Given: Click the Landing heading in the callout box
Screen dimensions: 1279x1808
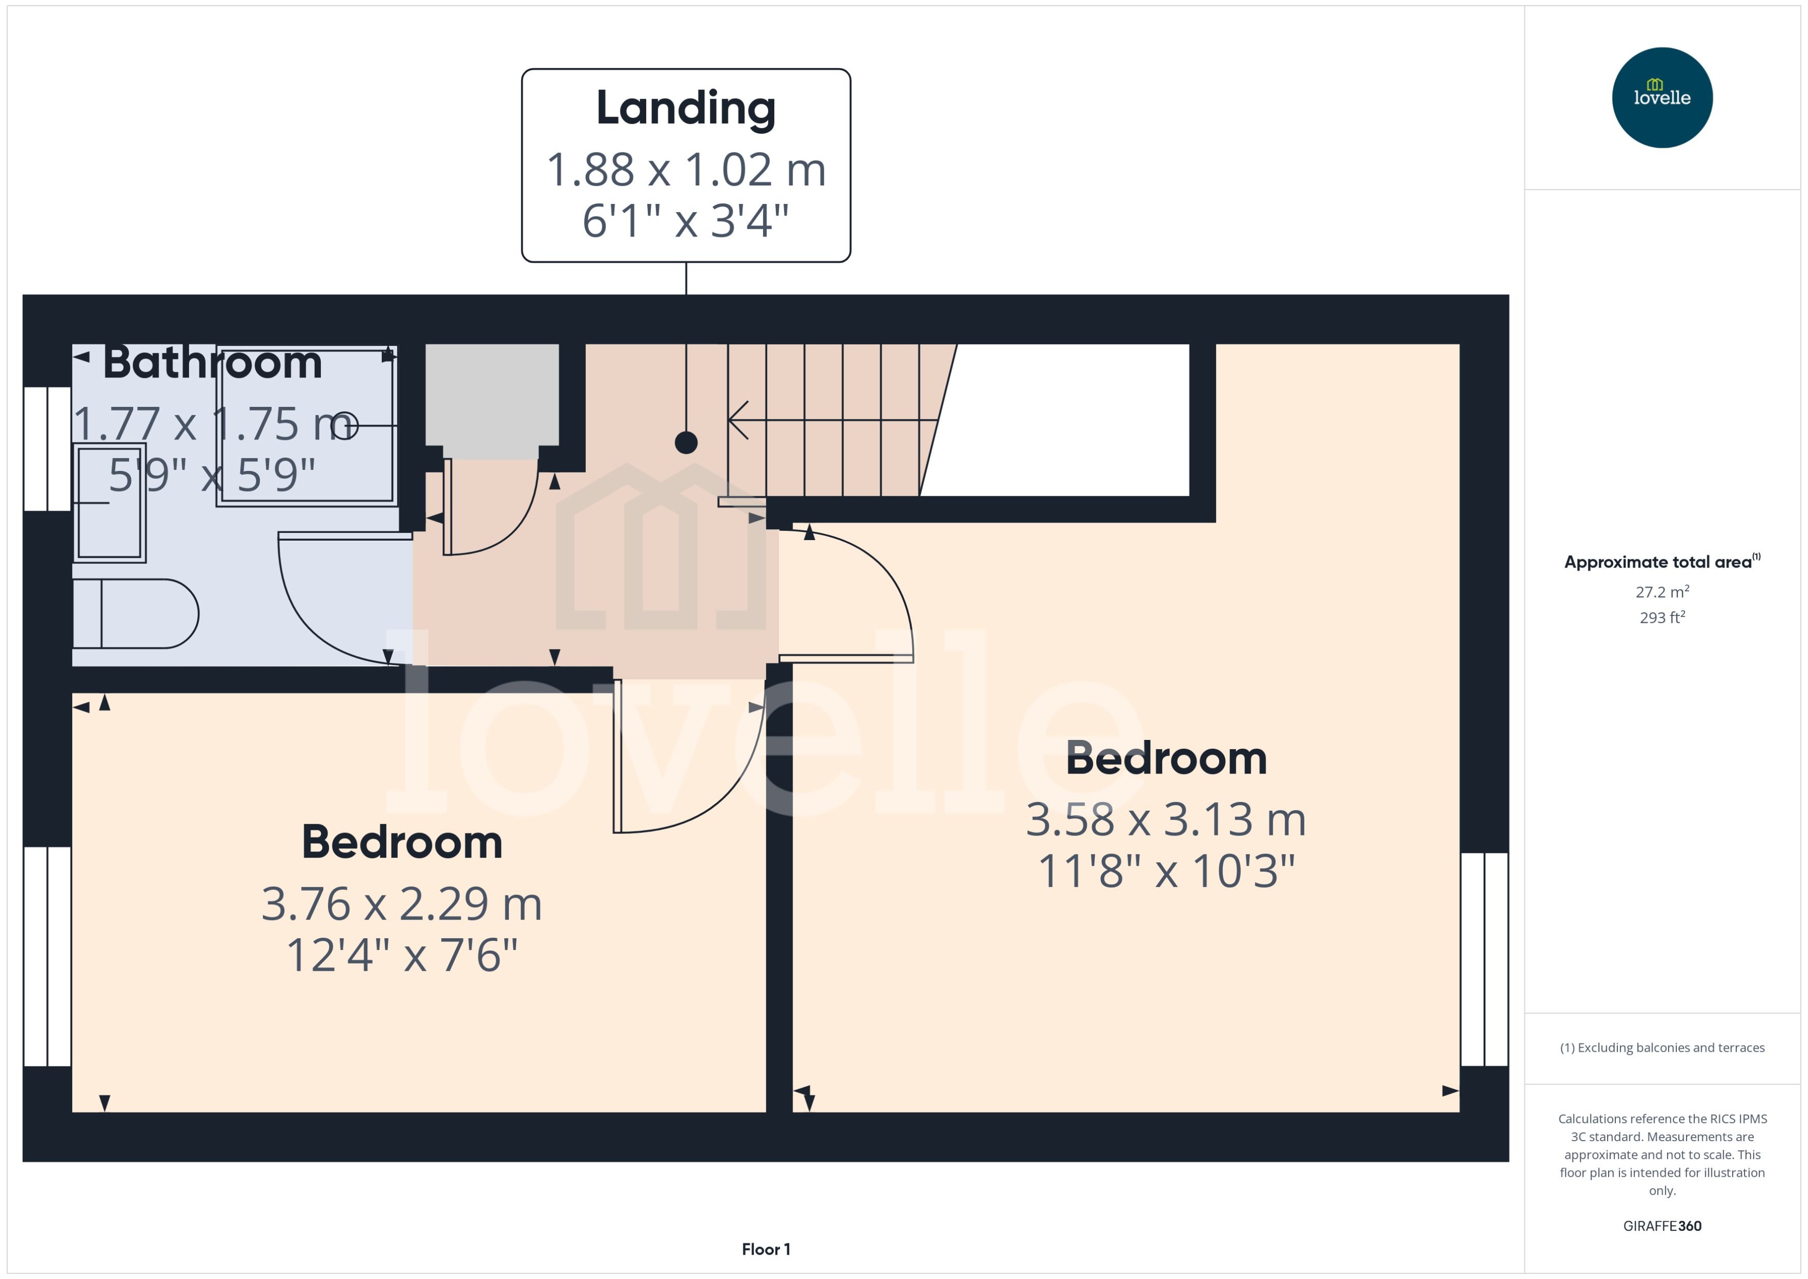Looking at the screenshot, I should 685,108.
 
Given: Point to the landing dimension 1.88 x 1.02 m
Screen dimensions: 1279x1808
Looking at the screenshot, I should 685,169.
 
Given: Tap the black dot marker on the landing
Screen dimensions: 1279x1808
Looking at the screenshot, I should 686,443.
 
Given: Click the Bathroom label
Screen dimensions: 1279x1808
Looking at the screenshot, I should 213,363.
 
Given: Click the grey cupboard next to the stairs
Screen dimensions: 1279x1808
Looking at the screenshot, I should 492,401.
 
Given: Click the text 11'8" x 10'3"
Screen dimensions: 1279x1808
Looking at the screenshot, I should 1166,871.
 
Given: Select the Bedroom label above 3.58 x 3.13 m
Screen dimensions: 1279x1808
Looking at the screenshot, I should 1166,759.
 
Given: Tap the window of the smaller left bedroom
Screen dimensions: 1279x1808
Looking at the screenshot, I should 48,956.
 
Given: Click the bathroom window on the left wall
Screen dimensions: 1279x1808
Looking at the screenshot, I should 48,448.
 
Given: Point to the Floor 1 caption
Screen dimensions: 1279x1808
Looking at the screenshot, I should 766,1249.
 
